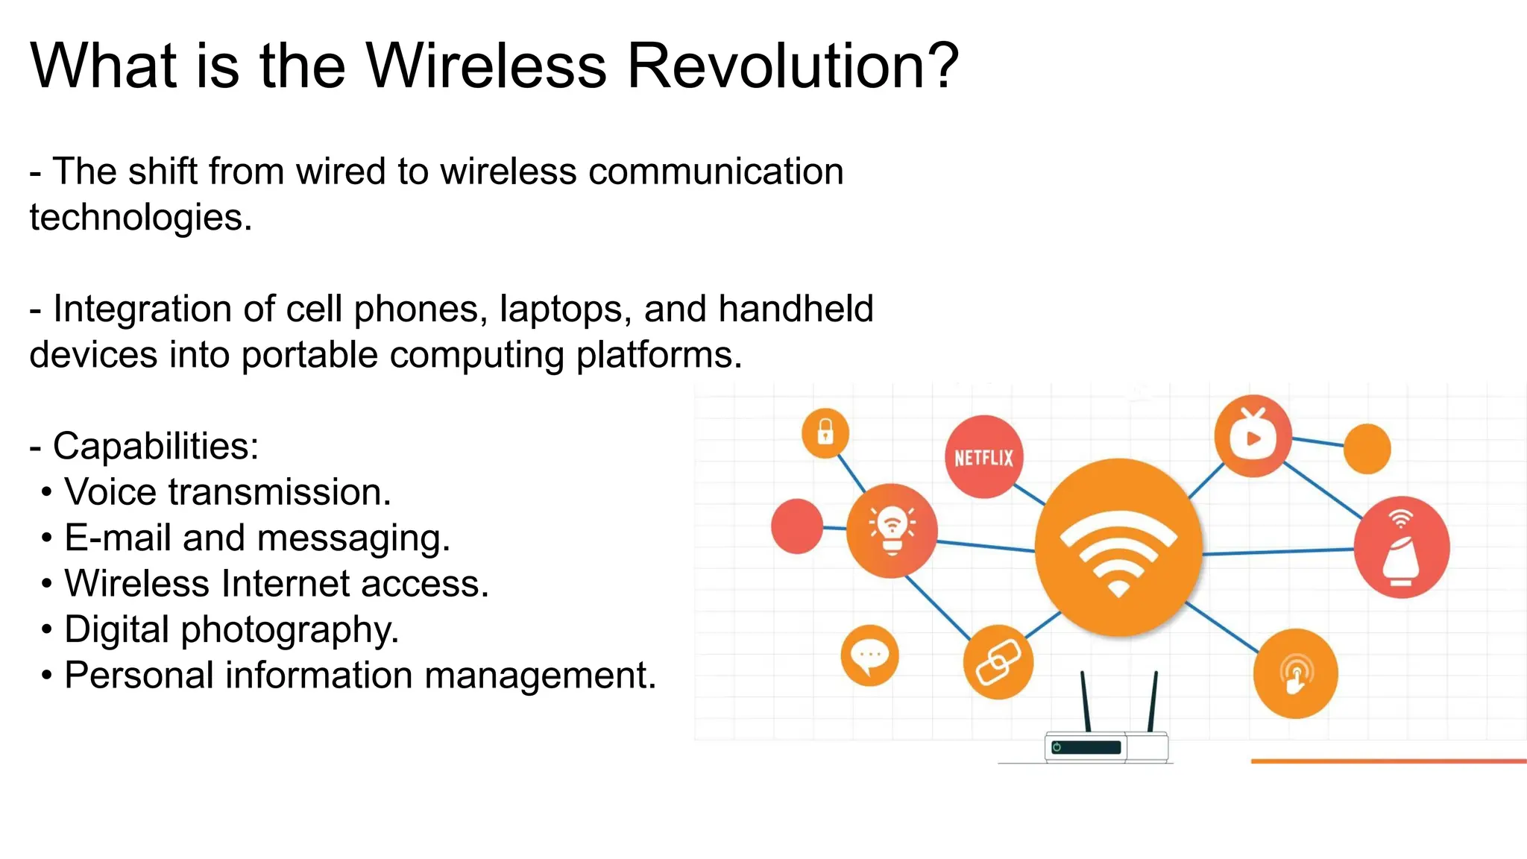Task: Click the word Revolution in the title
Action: click(793, 66)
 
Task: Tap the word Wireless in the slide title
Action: click(486, 66)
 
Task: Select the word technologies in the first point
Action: click(140, 218)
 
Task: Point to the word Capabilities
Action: click(155, 446)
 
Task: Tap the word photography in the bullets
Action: click(290, 630)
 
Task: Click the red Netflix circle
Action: click(984, 457)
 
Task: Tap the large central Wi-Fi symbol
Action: click(1118, 548)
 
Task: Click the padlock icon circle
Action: click(825, 432)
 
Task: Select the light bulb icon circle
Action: click(892, 530)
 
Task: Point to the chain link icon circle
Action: click(998, 661)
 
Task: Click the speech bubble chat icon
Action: click(869, 655)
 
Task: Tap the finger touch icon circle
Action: click(1296, 673)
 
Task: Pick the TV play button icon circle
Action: click(1253, 436)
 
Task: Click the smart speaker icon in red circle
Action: click(1401, 548)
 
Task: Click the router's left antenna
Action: click(1086, 701)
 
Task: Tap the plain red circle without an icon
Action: click(797, 526)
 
